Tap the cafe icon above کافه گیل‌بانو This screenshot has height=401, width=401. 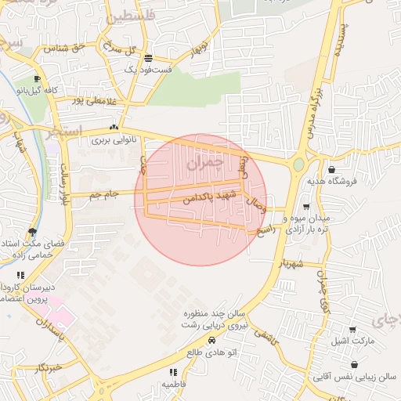pyautogui.click(x=37, y=79)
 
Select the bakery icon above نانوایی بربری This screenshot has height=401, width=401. pyautogui.click(x=114, y=127)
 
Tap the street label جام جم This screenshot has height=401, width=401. pyautogui.click(x=105, y=193)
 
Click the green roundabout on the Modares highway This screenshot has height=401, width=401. pyautogui.click(x=298, y=164)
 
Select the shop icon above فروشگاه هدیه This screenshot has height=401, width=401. pyautogui.click(x=332, y=169)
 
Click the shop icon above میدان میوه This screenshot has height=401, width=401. pyautogui.click(x=305, y=206)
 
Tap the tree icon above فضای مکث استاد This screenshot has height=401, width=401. pyautogui.click(x=31, y=232)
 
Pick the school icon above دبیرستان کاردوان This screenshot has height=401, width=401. pyautogui.click(x=20, y=276)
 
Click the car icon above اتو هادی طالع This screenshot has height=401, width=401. pyautogui.click(x=212, y=340)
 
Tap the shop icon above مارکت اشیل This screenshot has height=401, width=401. pyautogui.click(x=353, y=330)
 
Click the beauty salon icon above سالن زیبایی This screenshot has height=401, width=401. pyautogui.click(x=355, y=364)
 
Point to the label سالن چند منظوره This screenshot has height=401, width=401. pyautogui.click(x=211, y=313)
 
